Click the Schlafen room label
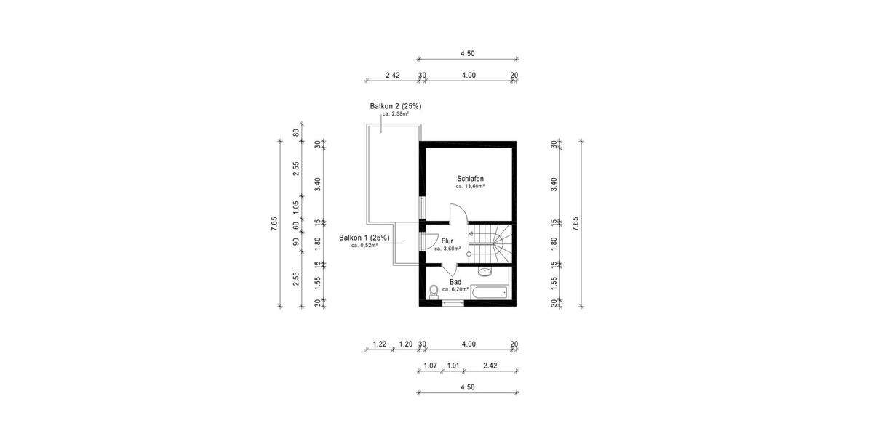tap(470, 179)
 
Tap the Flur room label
tap(447, 241)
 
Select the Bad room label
tap(455, 281)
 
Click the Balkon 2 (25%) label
tap(396, 106)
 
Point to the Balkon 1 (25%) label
tap(364, 238)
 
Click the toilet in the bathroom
tap(434, 291)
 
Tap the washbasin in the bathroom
tap(485, 272)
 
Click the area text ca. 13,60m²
tap(470, 187)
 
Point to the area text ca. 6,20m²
tap(455, 289)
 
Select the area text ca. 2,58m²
tap(396, 114)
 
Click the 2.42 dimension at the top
tap(393, 75)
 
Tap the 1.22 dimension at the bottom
tap(379, 344)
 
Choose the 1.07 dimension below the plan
tap(430, 366)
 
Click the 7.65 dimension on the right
tap(575, 224)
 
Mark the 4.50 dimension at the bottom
tap(467, 387)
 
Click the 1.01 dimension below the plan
tap(453, 366)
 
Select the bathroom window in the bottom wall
tap(453, 303)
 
